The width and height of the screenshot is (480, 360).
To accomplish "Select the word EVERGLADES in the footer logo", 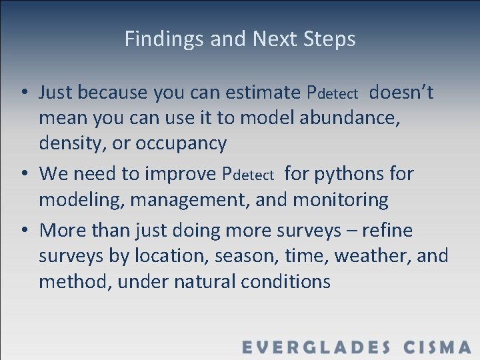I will [x=317, y=347].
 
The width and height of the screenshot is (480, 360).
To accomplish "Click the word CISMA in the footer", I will [x=437, y=347].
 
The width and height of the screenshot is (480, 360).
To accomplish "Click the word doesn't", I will [x=401, y=92].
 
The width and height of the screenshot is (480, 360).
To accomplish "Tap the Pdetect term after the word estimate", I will [x=332, y=93].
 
